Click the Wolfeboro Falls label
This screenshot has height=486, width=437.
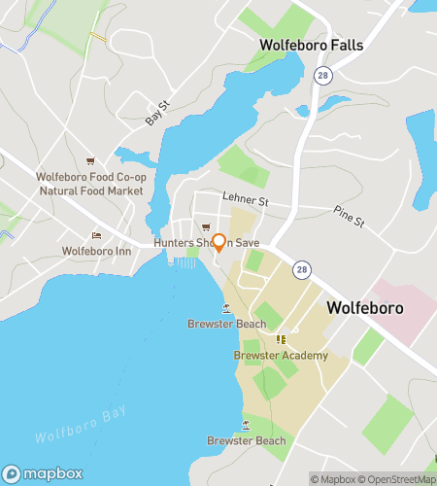point(310,45)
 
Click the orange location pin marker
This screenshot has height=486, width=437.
point(219,242)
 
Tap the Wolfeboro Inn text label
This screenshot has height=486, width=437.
point(95,251)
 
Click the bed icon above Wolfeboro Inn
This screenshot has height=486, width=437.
point(95,235)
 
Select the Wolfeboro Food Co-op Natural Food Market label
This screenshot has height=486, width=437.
point(90,184)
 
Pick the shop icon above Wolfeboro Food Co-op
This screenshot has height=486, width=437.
point(90,161)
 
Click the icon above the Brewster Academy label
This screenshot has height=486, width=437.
point(282,339)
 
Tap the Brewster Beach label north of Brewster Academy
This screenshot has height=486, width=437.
point(226,324)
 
